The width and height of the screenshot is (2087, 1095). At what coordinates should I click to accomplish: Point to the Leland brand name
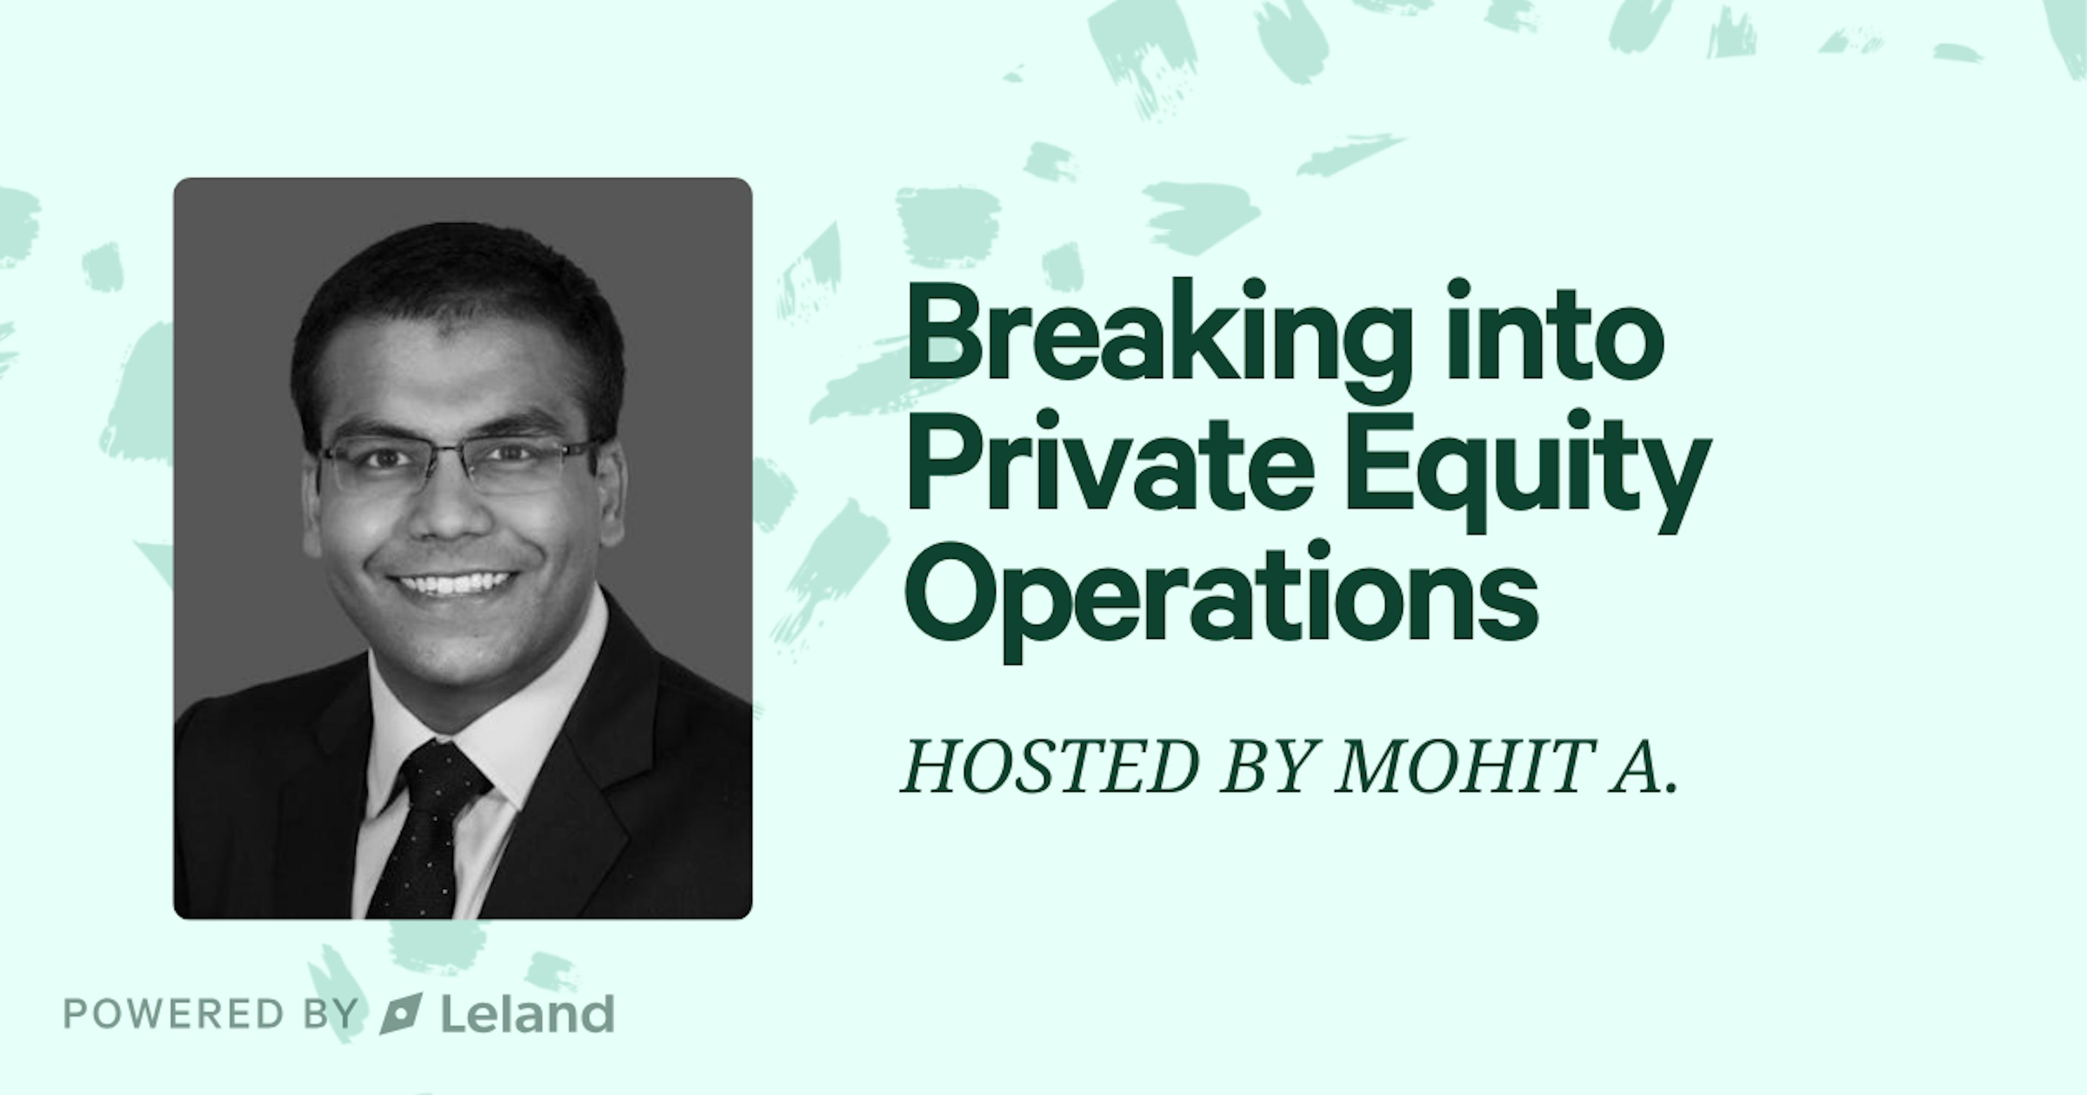[x=527, y=1014]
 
